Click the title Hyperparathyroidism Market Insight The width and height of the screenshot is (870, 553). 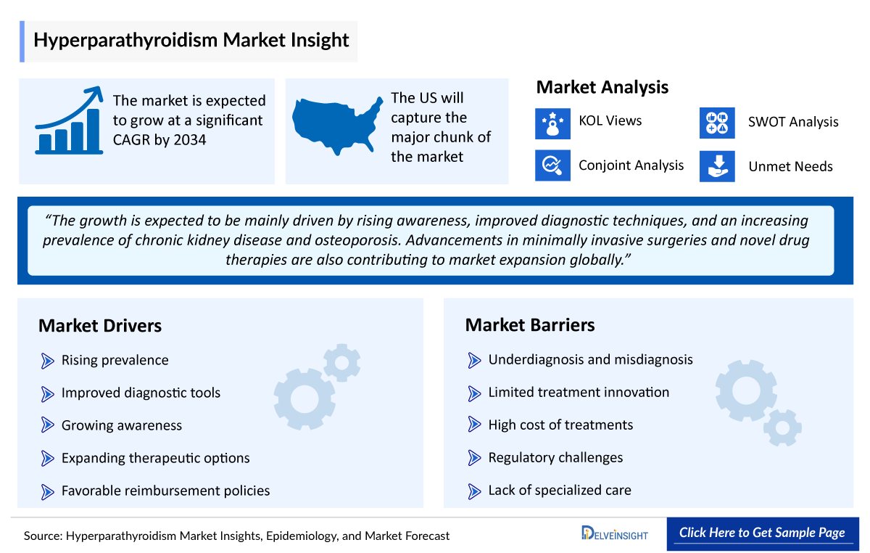click(x=191, y=40)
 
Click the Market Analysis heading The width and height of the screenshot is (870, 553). click(x=602, y=88)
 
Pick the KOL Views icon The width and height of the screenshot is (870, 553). click(x=552, y=122)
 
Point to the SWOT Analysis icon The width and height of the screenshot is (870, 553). click(x=717, y=122)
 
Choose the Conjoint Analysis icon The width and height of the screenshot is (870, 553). click(x=552, y=165)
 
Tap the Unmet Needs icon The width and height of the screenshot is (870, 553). click(x=717, y=166)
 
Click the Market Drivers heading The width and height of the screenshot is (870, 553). click(x=100, y=326)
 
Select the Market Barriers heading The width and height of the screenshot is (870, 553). click(x=530, y=325)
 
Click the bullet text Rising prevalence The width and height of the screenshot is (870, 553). click(x=115, y=360)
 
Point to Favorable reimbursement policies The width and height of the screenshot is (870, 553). click(x=165, y=491)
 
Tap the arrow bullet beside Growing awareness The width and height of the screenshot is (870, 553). click(x=48, y=426)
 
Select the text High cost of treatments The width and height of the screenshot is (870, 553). click(x=560, y=425)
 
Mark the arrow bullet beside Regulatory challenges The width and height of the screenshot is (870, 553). click(x=475, y=458)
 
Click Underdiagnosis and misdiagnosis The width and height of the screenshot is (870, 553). click(x=590, y=360)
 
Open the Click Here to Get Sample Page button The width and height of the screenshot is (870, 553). click(x=762, y=533)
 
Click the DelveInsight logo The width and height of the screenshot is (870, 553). click(x=615, y=534)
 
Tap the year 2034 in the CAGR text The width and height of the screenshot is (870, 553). click(x=190, y=140)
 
